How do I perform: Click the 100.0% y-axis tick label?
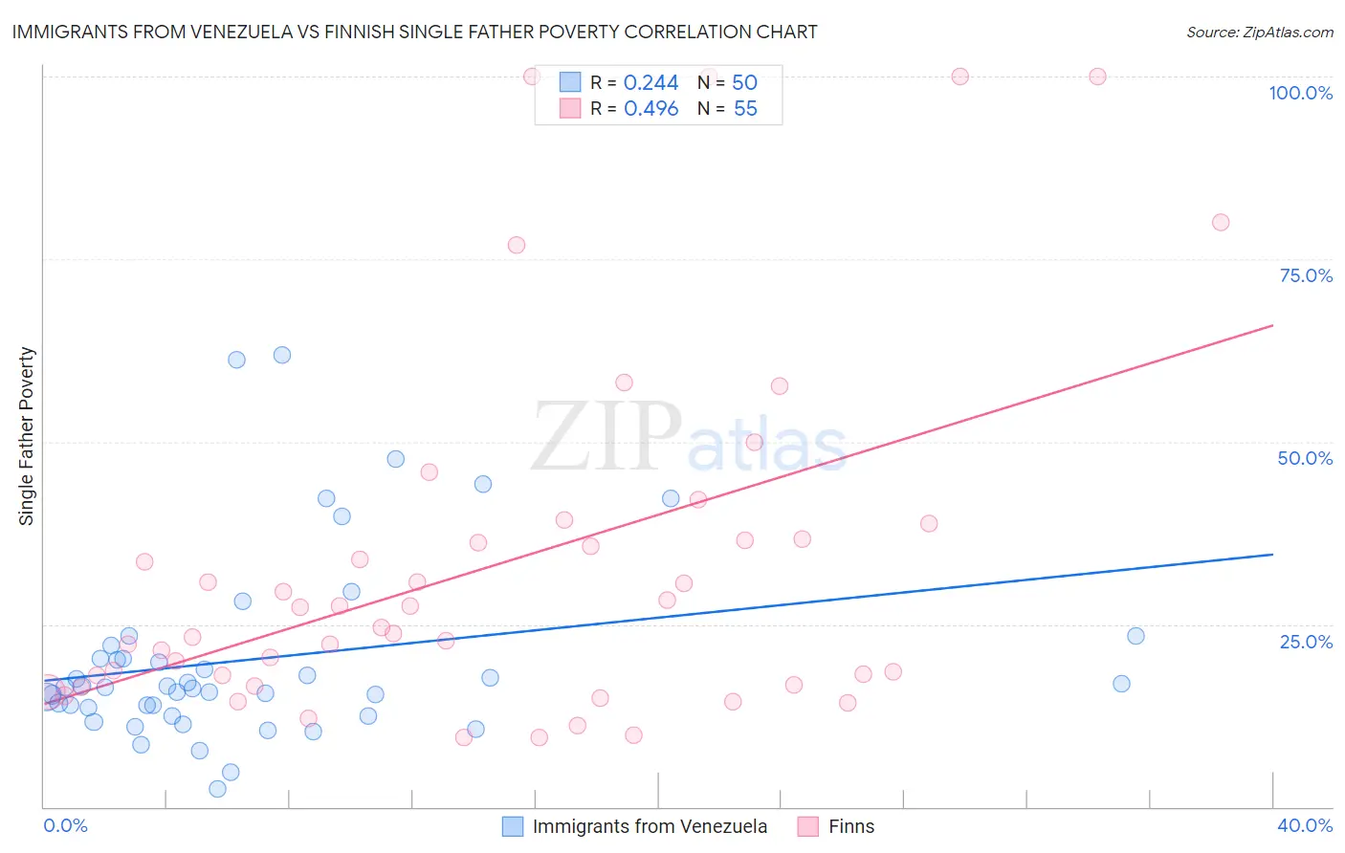coord(1300,93)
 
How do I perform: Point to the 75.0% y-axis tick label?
coord(1306,275)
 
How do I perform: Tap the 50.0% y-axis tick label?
coord(1305,458)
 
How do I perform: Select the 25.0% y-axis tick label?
coord(1306,642)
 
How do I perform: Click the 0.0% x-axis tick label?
coord(65,825)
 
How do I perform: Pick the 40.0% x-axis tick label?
coord(1304,825)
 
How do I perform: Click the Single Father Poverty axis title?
coord(26,436)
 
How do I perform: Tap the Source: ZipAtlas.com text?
coord(1259,33)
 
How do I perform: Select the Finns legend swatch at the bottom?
coord(808,826)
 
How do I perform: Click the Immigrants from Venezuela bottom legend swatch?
coord(513,826)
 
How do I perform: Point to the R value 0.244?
coord(650,83)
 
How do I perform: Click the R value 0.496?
coord(650,109)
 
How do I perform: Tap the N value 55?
coord(745,109)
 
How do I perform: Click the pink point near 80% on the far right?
coord(1220,223)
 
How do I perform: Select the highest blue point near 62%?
coord(281,355)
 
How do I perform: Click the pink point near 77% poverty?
coord(517,245)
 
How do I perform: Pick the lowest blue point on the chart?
coord(217,789)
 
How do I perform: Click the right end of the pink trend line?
coord(1272,326)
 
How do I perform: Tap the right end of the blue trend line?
coord(1272,555)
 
